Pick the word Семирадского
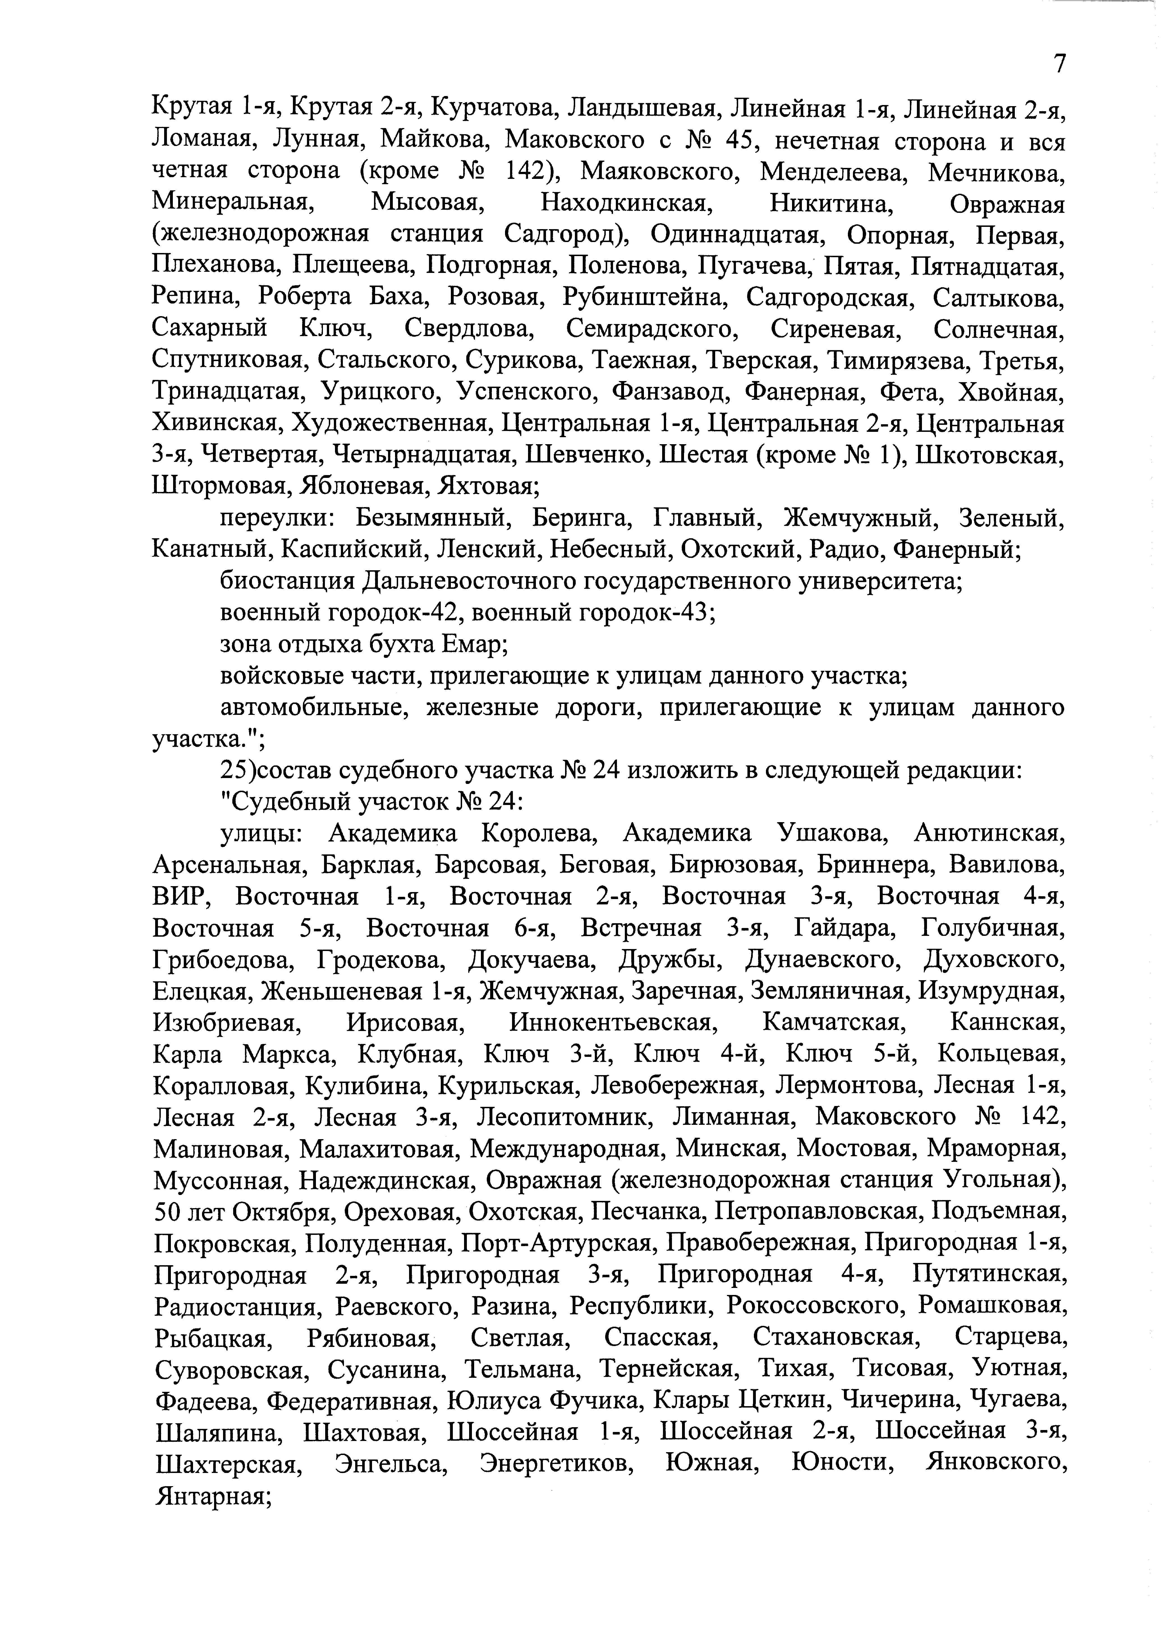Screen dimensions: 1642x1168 [652, 330]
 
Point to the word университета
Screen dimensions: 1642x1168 [892, 581]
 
